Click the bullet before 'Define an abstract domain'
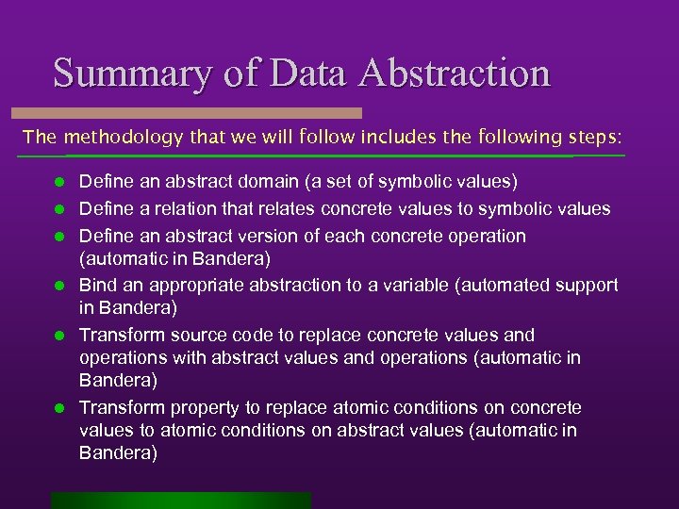coord(58,181)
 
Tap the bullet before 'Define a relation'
coord(58,209)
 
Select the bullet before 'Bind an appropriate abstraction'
coord(58,286)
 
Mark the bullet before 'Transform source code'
coord(58,336)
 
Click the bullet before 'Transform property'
coord(58,409)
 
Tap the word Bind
coord(96,285)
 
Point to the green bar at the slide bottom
coord(181,501)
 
